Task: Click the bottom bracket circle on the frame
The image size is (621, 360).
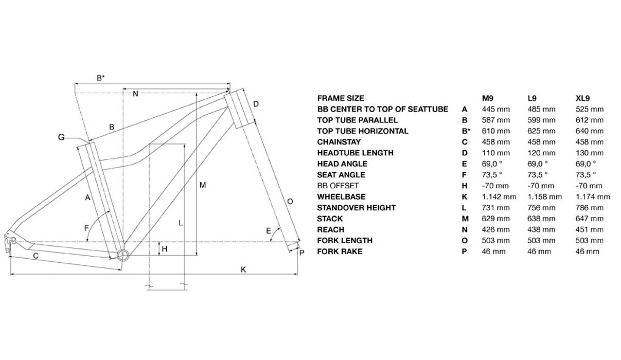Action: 122,256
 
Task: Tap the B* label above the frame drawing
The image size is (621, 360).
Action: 101,78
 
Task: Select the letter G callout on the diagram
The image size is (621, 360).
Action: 61,137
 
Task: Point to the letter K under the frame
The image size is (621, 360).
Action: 243,269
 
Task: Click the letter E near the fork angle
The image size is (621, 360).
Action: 269,231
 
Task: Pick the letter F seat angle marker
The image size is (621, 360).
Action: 86,227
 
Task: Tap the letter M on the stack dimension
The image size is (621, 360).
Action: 203,185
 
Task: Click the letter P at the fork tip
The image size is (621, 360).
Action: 301,252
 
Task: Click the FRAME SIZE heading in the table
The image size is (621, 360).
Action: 341,98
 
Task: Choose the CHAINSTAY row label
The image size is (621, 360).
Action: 339,142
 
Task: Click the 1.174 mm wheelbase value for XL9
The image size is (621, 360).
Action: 593,196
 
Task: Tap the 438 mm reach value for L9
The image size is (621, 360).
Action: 542,229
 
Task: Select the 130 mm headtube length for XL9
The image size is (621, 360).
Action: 590,153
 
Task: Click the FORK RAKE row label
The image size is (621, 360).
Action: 340,251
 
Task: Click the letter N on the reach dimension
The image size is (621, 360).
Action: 135,94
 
